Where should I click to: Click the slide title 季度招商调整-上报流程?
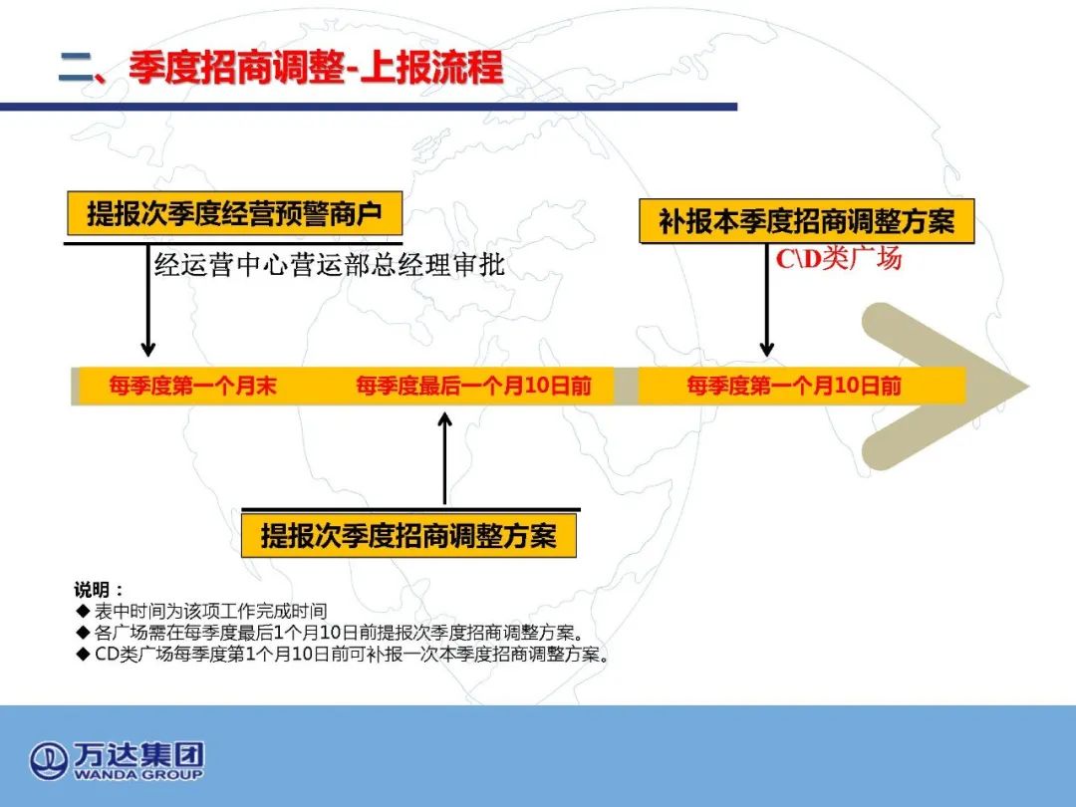click(316, 68)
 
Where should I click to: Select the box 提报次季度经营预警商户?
click(234, 213)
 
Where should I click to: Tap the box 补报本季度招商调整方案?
click(806, 221)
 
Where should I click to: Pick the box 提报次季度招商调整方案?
click(408, 535)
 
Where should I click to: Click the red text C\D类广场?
click(839, 259)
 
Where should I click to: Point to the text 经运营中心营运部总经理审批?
click(330, 264)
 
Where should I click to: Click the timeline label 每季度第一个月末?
click(193, 386)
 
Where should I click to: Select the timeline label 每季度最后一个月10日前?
click(473, 386)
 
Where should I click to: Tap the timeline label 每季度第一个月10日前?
click(794, 386)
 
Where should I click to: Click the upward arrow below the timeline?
click(444, 458)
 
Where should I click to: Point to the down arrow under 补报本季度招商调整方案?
click(767, 301)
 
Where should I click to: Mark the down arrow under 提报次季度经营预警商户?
click(147, 301)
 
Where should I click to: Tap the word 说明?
click(92, 590)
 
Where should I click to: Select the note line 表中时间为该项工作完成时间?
click(210, 611)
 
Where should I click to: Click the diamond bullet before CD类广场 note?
click(83, 654)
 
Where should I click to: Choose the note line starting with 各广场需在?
click(339, 632)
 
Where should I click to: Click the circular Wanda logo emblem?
click(48, 761)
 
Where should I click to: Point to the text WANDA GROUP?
click(137, 775)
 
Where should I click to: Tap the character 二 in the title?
click(76, 68)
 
